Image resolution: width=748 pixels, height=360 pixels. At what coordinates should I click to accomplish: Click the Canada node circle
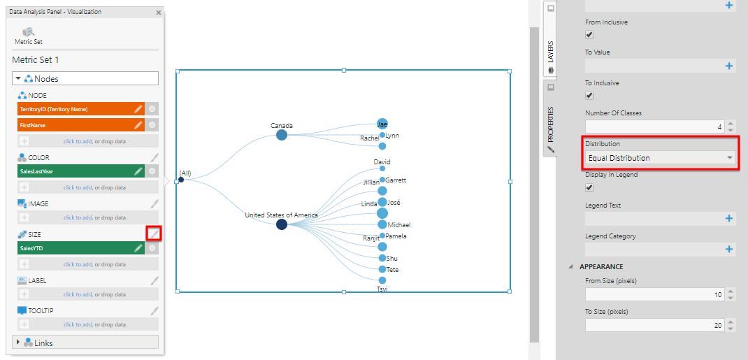282,135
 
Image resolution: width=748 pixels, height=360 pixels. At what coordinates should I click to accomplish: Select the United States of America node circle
282,224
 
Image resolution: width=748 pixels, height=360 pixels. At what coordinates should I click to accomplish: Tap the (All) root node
181,180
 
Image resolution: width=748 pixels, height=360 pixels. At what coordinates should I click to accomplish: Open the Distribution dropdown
660,158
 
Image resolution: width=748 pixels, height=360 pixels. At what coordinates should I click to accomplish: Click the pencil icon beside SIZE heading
154,233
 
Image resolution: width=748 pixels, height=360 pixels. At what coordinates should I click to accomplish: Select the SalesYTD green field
81,248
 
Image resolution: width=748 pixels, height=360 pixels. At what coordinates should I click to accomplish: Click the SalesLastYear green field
81,171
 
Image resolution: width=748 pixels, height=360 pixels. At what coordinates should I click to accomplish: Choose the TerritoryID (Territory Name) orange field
81,109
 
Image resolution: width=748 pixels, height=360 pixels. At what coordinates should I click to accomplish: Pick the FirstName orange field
81,125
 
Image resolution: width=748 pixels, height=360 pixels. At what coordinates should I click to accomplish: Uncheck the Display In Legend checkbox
589,187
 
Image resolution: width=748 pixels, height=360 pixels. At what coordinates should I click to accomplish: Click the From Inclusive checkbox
589,35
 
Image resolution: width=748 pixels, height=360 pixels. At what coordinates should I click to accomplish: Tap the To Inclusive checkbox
589,95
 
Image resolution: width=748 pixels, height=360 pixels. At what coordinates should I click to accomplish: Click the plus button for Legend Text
729,218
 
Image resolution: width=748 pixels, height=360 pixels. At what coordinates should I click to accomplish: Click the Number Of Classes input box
654,127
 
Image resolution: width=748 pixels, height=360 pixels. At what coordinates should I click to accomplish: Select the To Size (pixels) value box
654,325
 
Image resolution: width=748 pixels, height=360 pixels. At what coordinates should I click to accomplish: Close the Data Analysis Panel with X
159,13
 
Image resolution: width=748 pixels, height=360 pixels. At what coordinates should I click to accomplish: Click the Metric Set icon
29,32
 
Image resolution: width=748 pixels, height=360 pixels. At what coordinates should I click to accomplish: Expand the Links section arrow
19,342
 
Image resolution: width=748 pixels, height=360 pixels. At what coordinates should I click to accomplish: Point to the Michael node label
399,224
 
